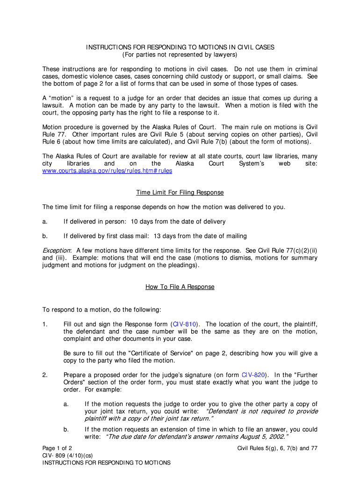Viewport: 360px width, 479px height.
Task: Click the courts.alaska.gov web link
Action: pos(107,171)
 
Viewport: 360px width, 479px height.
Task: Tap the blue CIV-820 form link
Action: pos(253,374)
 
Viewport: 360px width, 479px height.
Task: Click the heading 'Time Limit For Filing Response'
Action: pos(180,192)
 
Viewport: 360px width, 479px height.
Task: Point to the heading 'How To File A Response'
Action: pos(180,287)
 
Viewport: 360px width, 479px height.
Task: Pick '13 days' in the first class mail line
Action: pos(164,236)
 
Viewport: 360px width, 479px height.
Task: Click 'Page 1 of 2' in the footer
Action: pos(57,448)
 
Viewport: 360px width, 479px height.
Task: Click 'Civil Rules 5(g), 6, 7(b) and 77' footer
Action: pos(277,448)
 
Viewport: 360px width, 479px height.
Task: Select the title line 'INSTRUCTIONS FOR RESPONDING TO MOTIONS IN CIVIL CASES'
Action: pos(180,47)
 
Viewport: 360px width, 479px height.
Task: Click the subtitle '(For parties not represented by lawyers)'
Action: pos(180,55)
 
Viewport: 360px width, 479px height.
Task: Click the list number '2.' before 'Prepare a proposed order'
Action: pos(45,374)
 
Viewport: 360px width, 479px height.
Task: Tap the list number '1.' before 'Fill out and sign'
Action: pos(45,324)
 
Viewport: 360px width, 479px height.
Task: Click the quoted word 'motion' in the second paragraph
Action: pos(62,98)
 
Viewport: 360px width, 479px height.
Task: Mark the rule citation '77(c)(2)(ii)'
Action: pos(300,250)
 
